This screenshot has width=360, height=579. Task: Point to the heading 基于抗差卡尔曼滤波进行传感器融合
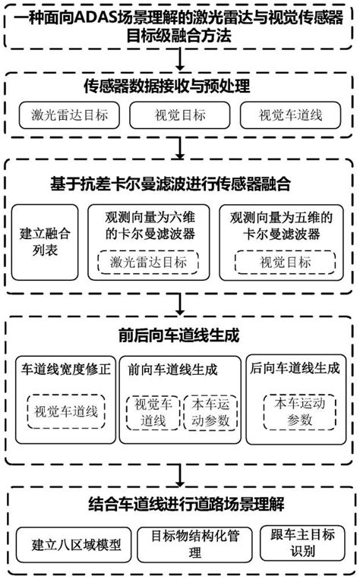(x=179, y=184)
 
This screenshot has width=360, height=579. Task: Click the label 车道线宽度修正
(x=65, y=370)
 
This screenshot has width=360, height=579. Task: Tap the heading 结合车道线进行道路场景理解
(x=179, y=503)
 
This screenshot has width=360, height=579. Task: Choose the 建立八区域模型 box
(x=71, y=543)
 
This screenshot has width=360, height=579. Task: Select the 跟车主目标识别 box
(x=304, y=543)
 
